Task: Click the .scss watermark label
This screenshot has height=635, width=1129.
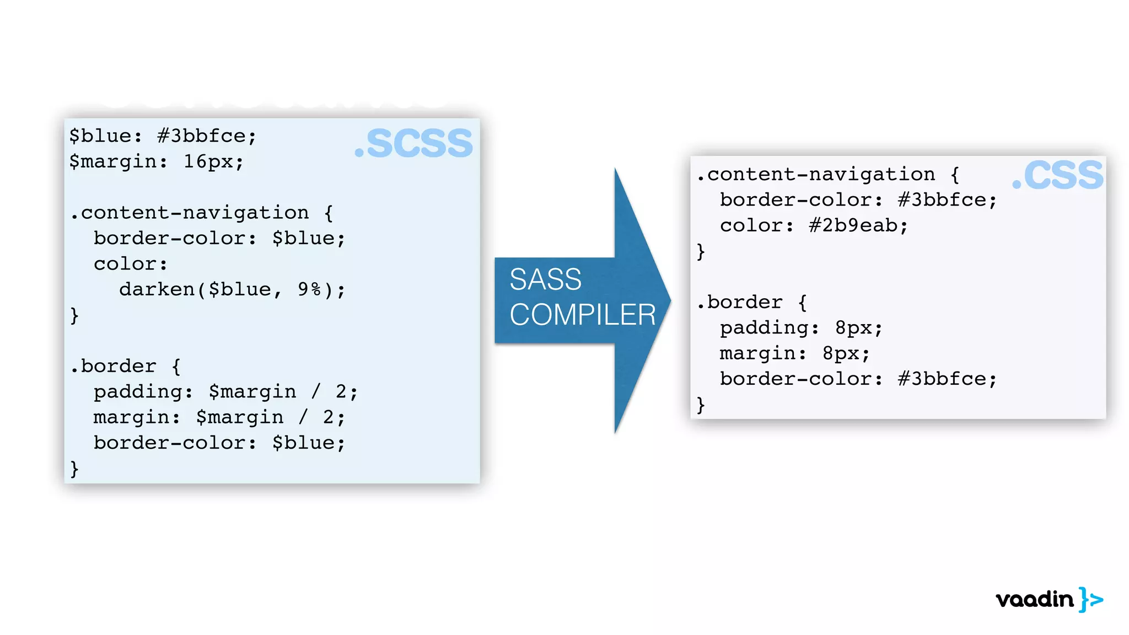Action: (x=414, y=143)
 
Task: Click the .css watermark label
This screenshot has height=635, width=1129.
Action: (x=1058, y=176)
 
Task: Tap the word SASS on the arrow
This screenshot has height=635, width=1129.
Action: (x=545, y=279)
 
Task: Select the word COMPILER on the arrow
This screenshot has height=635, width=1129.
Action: (x=582, y=315)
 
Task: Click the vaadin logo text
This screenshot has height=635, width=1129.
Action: (x=1035, y=600)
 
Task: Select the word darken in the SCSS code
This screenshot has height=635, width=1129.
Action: (x=157, y=289)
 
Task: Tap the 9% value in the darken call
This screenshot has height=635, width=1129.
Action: (x=309, y=289)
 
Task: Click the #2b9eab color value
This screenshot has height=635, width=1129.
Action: (x=853, y=225)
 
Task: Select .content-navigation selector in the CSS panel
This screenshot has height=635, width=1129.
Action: (x=816, y=175)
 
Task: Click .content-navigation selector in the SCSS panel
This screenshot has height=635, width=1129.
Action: (x=190, y=213)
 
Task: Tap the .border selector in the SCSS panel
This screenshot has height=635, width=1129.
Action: (x=114, y=366)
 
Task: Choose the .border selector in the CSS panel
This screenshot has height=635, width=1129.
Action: (x=740, y=302)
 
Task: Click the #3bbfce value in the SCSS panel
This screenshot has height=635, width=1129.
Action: (x=202, y=136)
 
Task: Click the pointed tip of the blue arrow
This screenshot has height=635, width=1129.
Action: (x=669, y=300)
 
